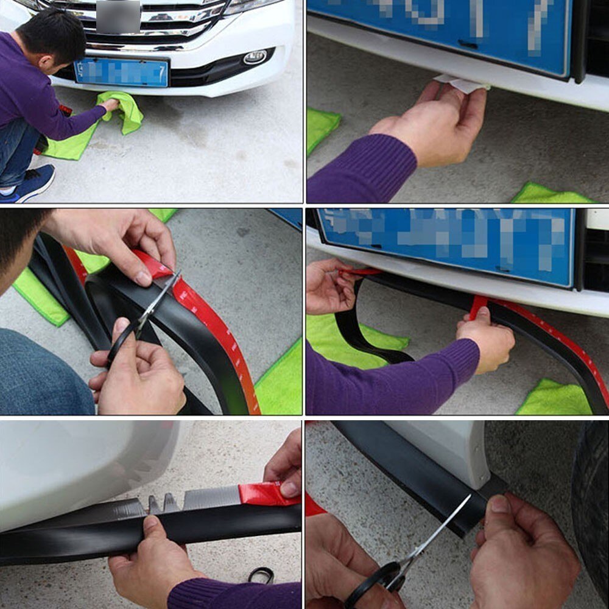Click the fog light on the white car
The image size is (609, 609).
255,57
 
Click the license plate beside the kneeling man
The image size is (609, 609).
121,72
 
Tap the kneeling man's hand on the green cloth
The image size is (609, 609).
110,105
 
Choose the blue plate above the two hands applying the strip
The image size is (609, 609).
445,244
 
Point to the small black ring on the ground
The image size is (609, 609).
261,574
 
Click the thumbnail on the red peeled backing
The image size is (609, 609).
290,488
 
